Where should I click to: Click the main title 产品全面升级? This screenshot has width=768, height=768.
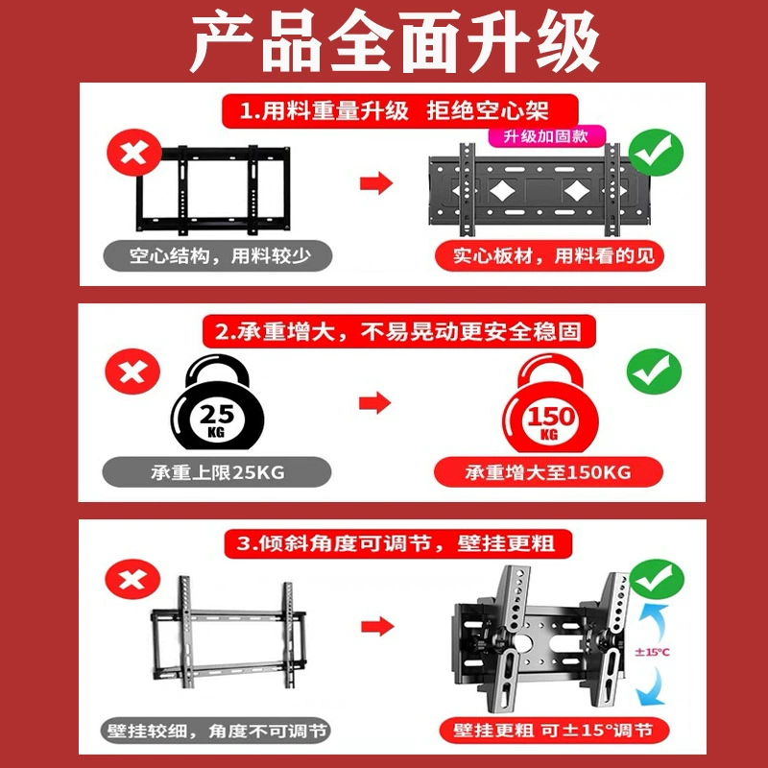[x=395, y=41]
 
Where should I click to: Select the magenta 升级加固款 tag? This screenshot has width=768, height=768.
[x=546, y=136]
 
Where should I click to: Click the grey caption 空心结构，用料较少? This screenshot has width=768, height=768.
[x=218, y=255]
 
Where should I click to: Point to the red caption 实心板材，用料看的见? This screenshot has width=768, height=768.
[x=549, y=255]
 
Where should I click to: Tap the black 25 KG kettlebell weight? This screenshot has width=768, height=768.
[x=217, y=401]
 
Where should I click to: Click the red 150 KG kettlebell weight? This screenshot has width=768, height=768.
[x=550, y=402]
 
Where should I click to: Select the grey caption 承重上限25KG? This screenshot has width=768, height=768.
[x=217, y=472]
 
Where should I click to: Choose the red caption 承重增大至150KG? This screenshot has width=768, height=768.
[x=548, y=472]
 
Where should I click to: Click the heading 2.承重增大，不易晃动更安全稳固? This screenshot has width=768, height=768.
[x=399, y=331]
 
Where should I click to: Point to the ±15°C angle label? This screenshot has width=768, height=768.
[x=652, y=652]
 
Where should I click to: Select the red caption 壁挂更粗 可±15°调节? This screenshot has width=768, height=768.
[x=554, y=731]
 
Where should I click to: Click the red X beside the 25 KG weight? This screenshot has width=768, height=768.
[x=132, y=372]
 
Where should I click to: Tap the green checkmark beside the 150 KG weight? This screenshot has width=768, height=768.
[x=655, y=372]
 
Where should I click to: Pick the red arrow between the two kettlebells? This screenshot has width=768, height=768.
[x=375, y=402]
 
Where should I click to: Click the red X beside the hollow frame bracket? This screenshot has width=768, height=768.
[x=134, y=153]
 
